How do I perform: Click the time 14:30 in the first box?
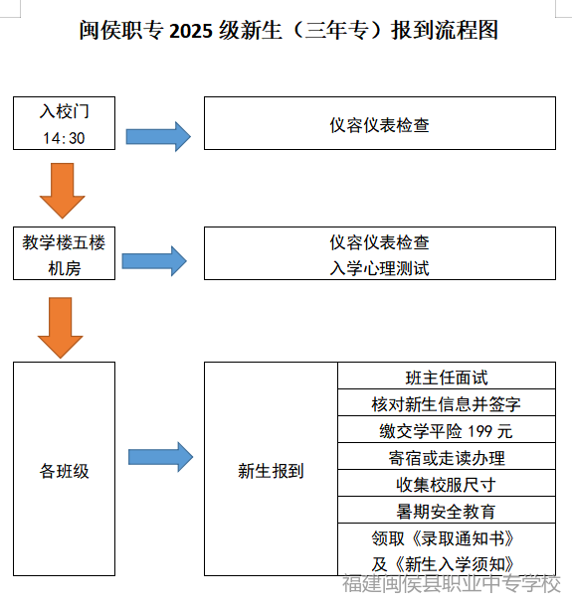(64, 138)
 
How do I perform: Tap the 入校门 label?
(64, 111)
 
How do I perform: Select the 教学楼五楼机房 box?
(64, 253)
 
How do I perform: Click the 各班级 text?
(64, 471)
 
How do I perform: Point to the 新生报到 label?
(271, 471)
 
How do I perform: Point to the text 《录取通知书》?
(463, 538)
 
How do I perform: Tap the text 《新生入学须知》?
(455, 564)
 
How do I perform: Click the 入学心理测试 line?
(379, 268)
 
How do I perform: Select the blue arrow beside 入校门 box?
(158, 136)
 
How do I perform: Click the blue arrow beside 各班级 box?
(160, 457)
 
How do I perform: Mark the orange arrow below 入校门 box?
(63, 191)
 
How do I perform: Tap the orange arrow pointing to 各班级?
(61, 328)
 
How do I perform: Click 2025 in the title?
(191, 31)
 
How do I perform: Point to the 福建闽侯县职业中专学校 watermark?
(452, 583)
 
